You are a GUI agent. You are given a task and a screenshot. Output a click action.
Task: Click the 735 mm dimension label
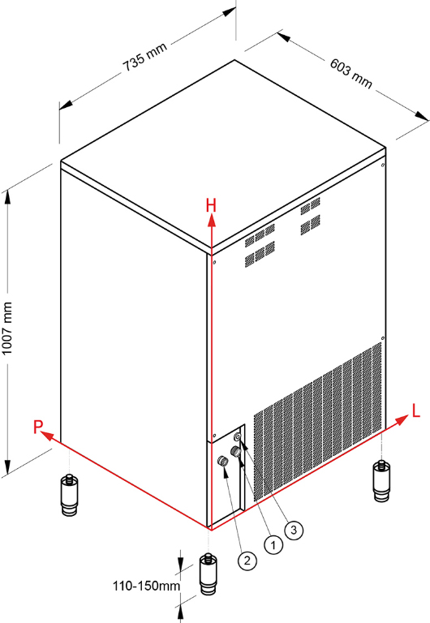pyautogui.click(x=144, y=57)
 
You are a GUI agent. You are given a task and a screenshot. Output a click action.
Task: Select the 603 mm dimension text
pyautogui.click(x=351, y=74)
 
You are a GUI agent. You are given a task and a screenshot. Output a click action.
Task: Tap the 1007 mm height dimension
pyautogui.click(x=7, y=329)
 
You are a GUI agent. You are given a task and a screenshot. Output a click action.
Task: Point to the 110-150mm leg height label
pyautogui.click(x=146, y=586)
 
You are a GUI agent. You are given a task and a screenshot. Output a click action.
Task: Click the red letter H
pyautogui.click(x=211, y=206)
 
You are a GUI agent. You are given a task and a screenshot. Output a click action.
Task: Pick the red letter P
pyautogui.click(x=38, y=428)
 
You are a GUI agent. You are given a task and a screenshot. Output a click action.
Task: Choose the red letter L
pyautogui.click(x=415, y=410)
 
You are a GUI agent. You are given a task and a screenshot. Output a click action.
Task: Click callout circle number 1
pyautogui.click(x=273, y=545)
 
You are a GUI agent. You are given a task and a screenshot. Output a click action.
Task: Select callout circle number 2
pyautogui.click(x=247, y=561)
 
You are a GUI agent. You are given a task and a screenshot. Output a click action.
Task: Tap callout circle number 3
pyautogui.click(x=294, y=530)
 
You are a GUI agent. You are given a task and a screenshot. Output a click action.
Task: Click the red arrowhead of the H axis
pyautogui.click(x=212, y=220)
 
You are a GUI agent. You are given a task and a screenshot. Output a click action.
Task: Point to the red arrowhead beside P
pyautogui.click(x=47, y=436)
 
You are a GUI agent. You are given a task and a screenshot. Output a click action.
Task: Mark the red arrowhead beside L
pyautogui.click(x=402, y=419)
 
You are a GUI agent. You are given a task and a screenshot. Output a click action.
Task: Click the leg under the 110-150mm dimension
pyautogui.click(x=208, y=574)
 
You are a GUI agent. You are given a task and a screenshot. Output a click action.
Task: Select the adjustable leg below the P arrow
pyautogui.click(x=69, y=495)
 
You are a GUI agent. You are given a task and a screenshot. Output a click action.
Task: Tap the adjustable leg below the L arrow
pyautogui.click(x=381, y=481)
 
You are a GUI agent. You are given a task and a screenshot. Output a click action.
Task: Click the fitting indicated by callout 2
pyautogui.click(x=222, y=461)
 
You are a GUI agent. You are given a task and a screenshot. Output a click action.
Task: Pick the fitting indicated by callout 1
pyautogui.click(x=235, y=451)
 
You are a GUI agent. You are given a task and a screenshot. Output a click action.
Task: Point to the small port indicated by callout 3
pyautogui.click(x=238, y=437)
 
